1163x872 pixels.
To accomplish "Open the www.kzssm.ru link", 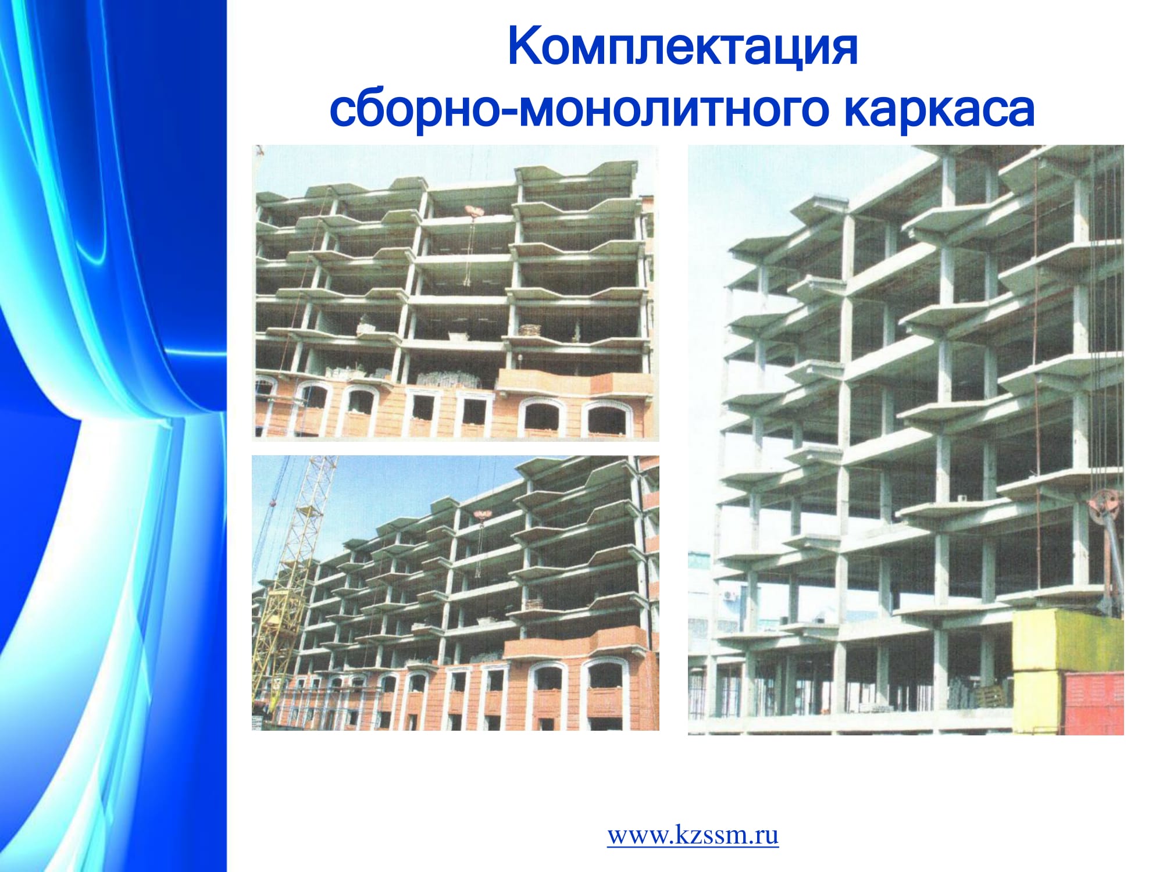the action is tap(693, 836).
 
